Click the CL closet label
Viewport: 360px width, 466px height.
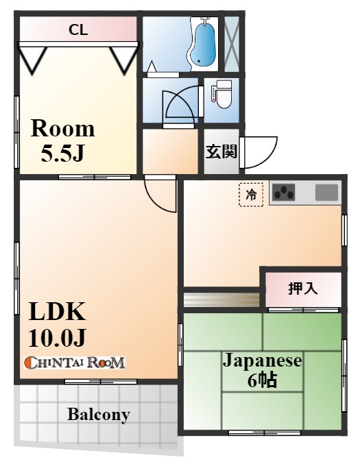(78, 29)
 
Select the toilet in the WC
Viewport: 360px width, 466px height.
(221, 95)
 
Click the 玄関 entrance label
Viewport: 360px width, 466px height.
(221, 151)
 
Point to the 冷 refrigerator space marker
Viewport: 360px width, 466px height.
(251, 195)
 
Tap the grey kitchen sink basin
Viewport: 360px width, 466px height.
(326, 193)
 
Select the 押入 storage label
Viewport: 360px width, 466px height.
(303, 289)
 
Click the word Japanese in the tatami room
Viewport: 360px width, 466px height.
(263, 360)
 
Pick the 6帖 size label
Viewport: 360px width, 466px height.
(262, 380)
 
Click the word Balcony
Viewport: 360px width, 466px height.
(99, 415)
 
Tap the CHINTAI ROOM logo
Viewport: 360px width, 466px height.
(74, 363)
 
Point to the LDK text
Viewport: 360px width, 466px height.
(57, 311)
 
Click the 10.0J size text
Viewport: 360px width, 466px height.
(57, 337)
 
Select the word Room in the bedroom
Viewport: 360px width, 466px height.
(62, 129)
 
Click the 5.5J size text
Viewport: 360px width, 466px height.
(62, 154)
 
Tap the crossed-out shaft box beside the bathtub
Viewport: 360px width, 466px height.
(232, 44)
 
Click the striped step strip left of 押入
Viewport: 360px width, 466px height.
(221, 299)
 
